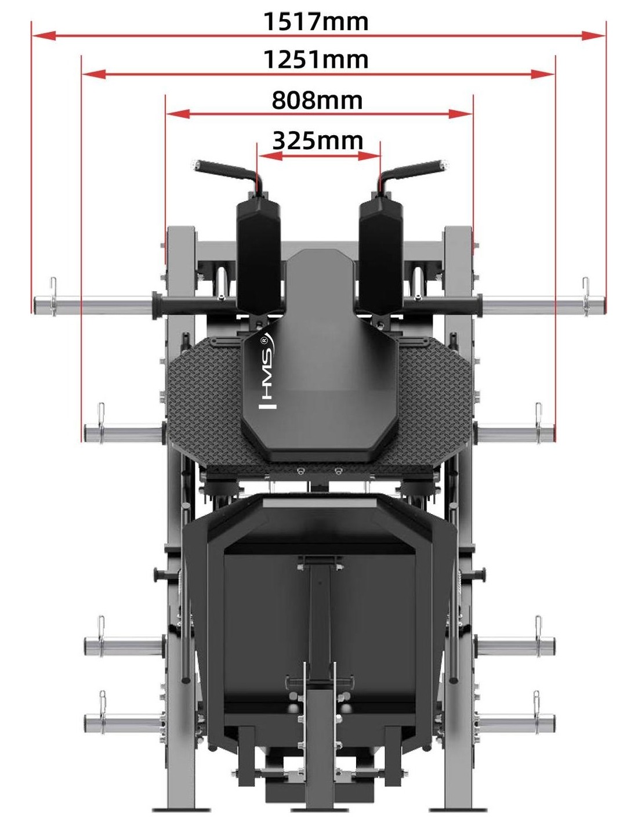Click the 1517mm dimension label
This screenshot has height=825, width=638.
(316, 21)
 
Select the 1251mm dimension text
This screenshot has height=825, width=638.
(316, 60)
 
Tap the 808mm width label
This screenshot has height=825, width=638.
(317, 100)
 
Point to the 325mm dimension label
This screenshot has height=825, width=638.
(318, 140)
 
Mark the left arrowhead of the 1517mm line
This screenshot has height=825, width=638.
(44, 36)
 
